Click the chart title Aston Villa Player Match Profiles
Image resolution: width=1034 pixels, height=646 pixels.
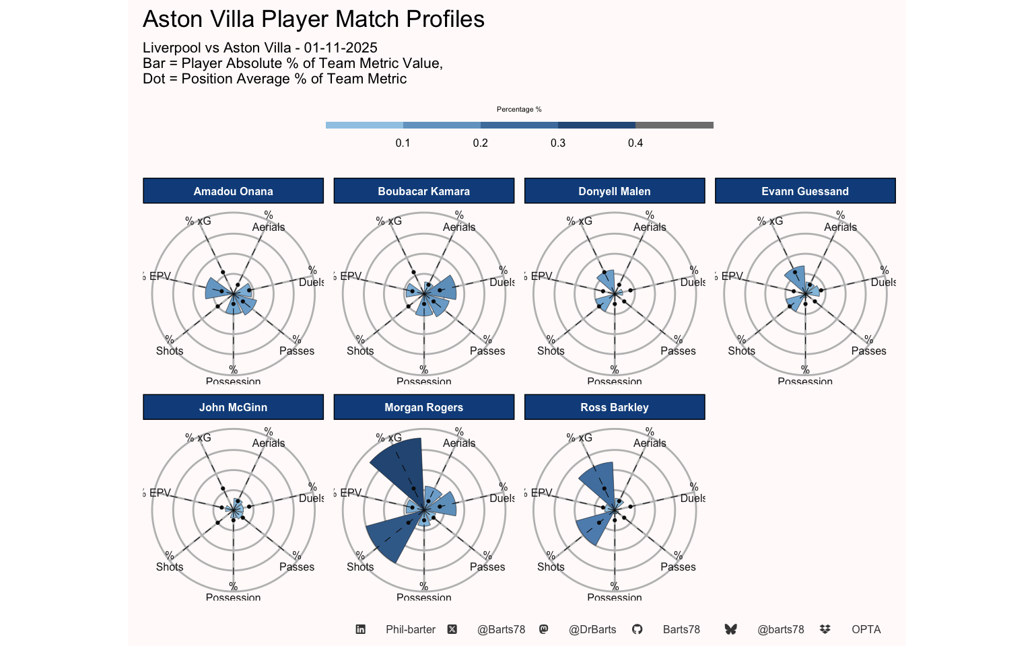tap(314, 20)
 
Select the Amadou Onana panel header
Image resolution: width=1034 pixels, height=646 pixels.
tap(233, 191)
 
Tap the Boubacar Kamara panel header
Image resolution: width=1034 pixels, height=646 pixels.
tap(423, 191)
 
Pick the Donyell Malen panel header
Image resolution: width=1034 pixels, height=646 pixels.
tap(614, 191)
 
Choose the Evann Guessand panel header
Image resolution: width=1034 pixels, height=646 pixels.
tap(804, 191)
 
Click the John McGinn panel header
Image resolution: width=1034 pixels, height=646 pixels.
tap(233, 407)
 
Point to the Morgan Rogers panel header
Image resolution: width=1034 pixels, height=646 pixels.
tap(423, 407)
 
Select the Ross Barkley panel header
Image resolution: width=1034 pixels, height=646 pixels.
tap(614, 407)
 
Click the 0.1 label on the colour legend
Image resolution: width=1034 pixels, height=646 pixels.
tap(403, 143)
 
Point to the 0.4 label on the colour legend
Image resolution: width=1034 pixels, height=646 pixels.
tap(635, 143)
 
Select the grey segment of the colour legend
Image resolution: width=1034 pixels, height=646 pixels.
tap(675, 125)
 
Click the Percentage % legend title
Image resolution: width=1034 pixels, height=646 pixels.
tap(519, 109)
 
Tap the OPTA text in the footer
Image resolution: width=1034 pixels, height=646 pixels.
tap(866, 629)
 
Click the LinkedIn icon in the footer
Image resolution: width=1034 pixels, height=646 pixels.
tap(361, 629)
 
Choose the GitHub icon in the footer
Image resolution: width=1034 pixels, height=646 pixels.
tap(637, 629)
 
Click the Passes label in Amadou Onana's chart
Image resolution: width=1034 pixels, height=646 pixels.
tap(297, 351)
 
